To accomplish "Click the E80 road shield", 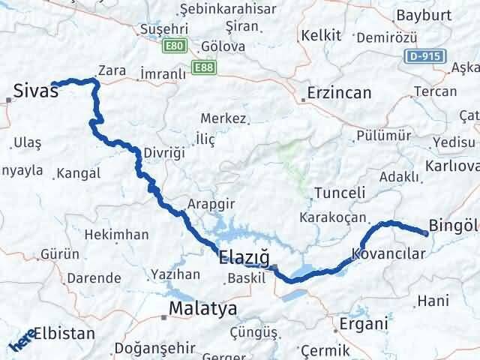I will click(175, 46).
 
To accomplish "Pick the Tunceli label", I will click(340, 193).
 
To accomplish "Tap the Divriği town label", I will click(163, 153).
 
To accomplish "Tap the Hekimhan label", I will click(116, 235).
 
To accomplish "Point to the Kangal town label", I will click(79, 173).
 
